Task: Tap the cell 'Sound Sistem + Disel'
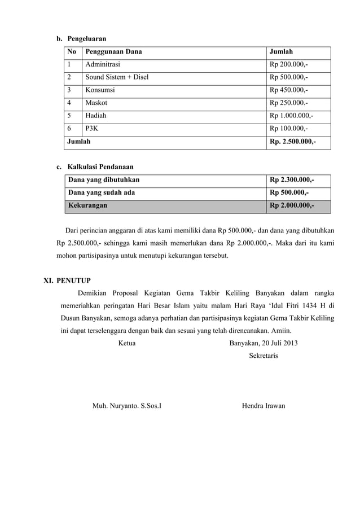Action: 117,77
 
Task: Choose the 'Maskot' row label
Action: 96,103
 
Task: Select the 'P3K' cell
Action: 91,129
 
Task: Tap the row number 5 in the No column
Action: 69,116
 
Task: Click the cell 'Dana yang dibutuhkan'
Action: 104,180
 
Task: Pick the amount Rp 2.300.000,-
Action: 292,180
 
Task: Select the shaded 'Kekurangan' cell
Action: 87,206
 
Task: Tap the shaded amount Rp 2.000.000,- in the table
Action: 292,206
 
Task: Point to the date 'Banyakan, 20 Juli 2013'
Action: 264,343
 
